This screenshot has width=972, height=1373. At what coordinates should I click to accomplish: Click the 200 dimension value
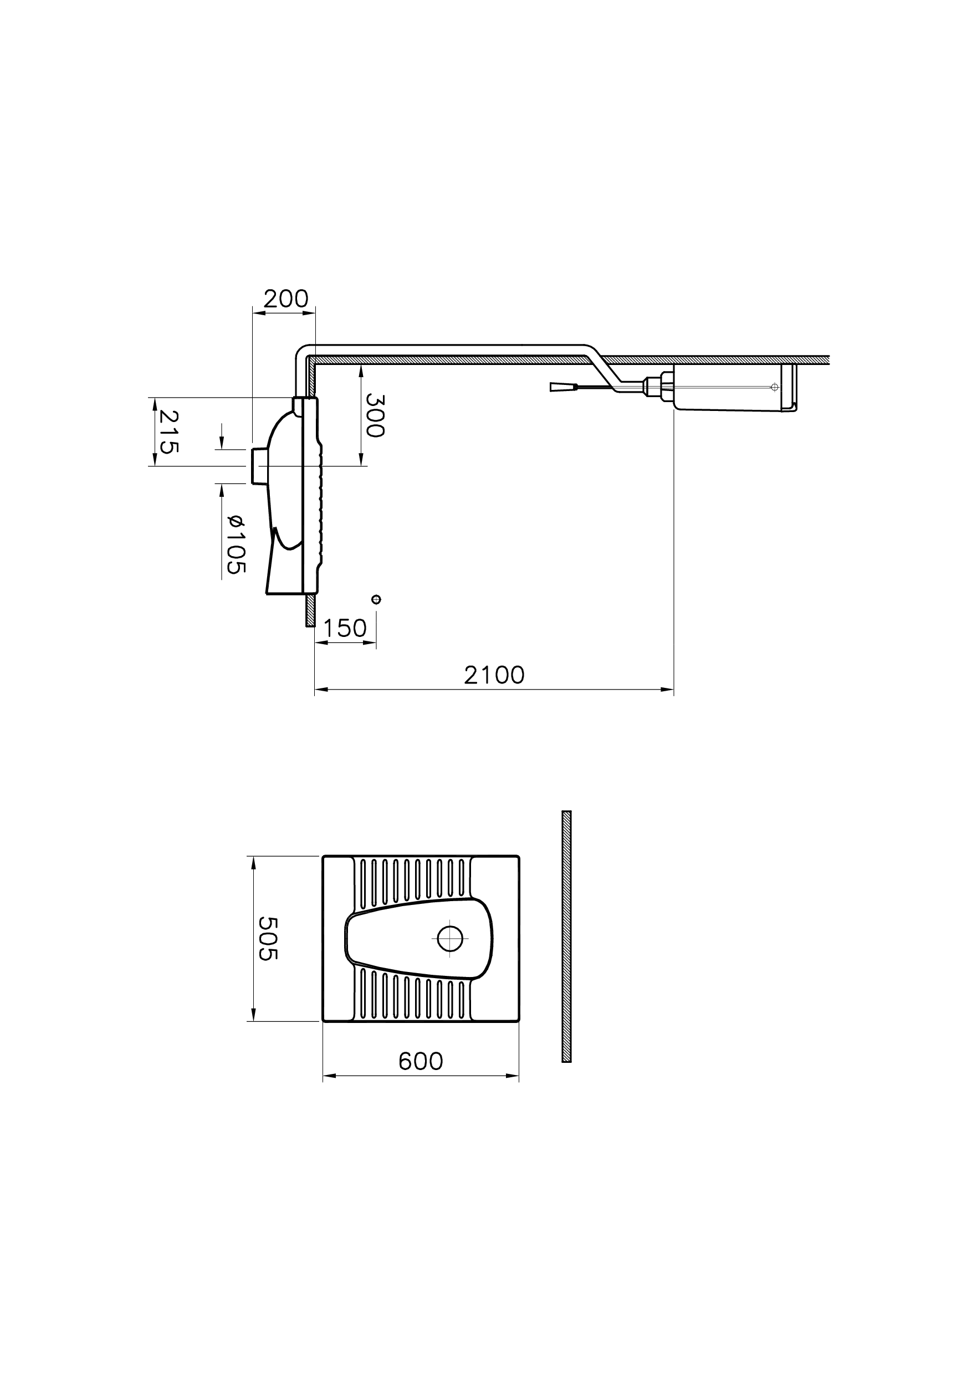coord(285,299)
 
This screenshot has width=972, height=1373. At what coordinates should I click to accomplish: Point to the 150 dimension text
coord(345,628)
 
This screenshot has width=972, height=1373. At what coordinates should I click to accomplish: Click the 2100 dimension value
coord(494,676)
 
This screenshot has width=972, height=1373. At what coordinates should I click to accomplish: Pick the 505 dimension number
coord(267,938)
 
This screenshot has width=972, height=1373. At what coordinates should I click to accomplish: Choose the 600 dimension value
coord(421,1061)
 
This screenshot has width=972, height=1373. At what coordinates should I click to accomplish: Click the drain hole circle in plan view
coord(450,938)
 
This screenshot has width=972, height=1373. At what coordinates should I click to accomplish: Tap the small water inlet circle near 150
coord(376,599)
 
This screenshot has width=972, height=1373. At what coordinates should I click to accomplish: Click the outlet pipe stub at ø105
coord(259,466)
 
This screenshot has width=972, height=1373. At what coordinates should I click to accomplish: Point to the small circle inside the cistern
coord(775,387)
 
